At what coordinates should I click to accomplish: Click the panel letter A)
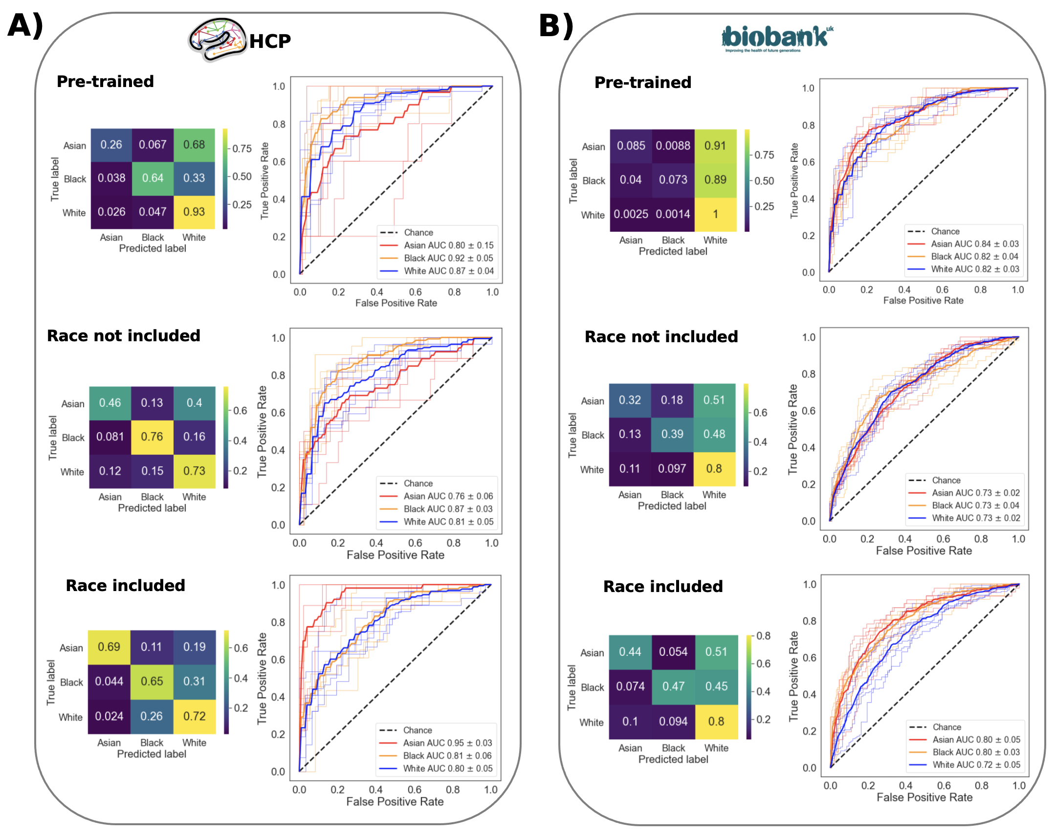coord(25,25)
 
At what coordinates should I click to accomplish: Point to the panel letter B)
coord(556,25)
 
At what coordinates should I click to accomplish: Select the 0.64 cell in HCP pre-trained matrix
coord(153,178)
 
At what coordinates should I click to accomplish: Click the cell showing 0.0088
coord(673,146)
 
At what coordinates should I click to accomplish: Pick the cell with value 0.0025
coord(631,215)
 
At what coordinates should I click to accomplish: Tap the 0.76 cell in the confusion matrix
coord(152,437)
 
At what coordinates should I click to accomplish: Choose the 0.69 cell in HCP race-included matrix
coord(109,647)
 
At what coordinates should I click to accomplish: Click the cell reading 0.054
coord(673,652)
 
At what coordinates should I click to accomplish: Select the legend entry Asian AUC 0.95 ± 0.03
coord(447,743)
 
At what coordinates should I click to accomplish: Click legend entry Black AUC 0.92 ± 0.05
coord(448,258)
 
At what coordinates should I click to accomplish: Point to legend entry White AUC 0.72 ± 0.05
coord(976,765)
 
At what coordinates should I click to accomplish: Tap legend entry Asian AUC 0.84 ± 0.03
coord(974,244)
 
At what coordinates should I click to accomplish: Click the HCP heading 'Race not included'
coord(124,336)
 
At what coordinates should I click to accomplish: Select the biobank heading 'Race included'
coord(663,587)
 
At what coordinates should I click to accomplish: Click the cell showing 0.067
coord(153,145)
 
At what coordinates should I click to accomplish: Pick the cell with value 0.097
coord(672,469)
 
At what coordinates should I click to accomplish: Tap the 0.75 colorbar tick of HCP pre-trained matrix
coord(242,149)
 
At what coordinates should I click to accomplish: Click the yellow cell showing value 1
coord(715,215)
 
